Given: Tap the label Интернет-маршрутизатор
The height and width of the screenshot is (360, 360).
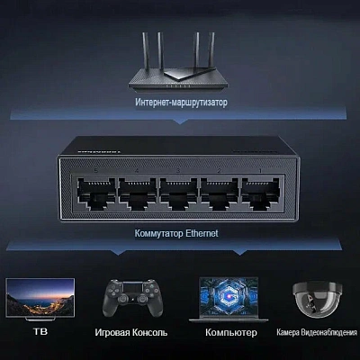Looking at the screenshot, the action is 181,103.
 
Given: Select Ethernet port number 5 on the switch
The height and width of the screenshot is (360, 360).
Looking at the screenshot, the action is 96,193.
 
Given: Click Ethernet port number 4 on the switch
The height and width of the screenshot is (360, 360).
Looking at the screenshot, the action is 138,193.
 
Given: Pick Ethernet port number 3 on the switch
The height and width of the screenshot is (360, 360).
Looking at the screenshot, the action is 178,193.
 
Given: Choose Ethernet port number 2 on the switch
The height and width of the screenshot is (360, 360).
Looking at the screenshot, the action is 220,193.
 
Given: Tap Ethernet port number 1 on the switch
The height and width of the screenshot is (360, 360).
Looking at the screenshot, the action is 261,193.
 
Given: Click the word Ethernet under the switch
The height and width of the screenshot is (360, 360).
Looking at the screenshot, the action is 202,233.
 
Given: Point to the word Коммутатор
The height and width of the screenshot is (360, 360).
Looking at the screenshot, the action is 158,233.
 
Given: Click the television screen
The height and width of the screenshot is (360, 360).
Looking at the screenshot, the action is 40,297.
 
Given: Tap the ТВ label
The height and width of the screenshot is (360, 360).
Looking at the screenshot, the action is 40,331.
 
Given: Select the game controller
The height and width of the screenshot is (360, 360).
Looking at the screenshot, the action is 133,298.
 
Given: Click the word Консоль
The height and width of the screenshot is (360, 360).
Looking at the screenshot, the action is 150,332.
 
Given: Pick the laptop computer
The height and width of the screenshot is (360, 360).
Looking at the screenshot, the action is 229,300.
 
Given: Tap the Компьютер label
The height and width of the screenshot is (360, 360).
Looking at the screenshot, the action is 231,332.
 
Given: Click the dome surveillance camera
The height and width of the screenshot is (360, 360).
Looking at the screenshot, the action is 317,299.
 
